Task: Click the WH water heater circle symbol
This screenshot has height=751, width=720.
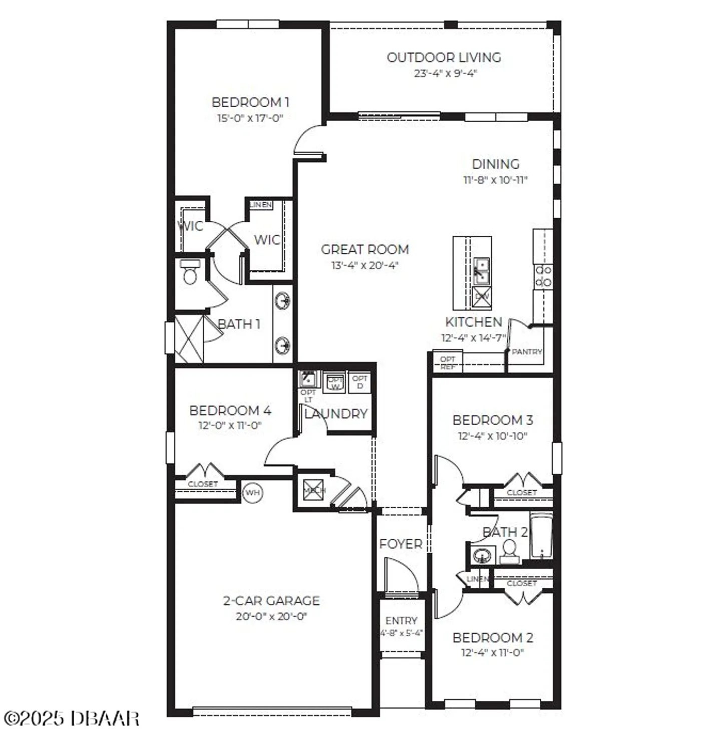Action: coord(253,493)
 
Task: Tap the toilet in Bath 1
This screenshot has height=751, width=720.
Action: coord(190,273)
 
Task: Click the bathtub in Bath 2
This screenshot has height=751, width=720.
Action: coord(541,537)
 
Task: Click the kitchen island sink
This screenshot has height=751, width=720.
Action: coord(481,270)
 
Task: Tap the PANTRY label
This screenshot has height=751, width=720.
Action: coord(527,352)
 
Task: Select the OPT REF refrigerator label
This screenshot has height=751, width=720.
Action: coord(448,362)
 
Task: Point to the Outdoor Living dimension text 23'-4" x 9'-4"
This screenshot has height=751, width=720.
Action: coord(445,74)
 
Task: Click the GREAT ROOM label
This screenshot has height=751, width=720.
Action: coord(365,249)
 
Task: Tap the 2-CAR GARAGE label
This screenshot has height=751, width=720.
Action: coord(271,600)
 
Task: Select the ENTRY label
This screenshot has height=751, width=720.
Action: coord(401,620)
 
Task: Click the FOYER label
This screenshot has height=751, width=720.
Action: coord(401,544)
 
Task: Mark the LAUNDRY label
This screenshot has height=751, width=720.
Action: coord(336,414)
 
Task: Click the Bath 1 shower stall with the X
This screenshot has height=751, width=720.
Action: coord(189,338)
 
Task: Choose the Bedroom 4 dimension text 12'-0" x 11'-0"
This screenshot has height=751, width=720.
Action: coord(230,426)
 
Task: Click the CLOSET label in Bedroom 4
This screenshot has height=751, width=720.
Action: coord(203,484)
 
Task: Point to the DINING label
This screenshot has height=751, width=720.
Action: coord(495,164)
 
